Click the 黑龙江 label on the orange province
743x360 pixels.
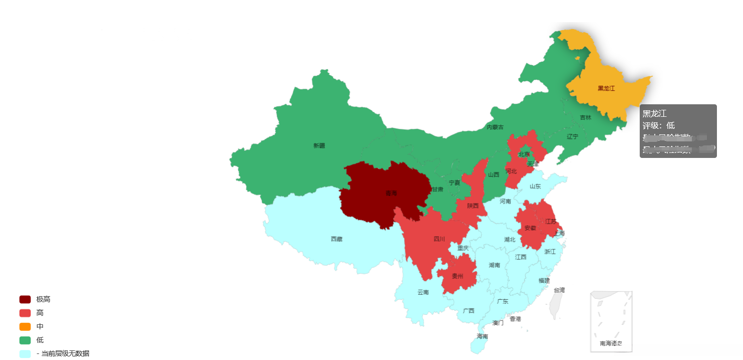(606, 88)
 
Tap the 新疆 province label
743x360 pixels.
(319, 146)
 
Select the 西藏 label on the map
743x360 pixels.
(336, 239)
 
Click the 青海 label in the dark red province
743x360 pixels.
(391, 193)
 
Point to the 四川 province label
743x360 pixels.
(439, 239)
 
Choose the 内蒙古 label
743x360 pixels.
(495, 127)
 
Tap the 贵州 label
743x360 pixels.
(457, 276)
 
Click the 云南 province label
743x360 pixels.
(423, 292)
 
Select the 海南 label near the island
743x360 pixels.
(482, 336)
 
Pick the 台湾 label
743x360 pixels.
(559, 290)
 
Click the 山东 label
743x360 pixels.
(535, 187)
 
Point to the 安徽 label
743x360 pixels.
(530, 228)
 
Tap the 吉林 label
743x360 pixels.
(586, 117)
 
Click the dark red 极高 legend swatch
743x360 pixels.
(25, 299)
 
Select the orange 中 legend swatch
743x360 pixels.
(25, 326)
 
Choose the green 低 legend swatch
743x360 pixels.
(25, 340)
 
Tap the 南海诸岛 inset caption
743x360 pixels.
(611, 343)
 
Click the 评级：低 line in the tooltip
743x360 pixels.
(659, 125)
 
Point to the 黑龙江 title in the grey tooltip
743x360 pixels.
(654, 114)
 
